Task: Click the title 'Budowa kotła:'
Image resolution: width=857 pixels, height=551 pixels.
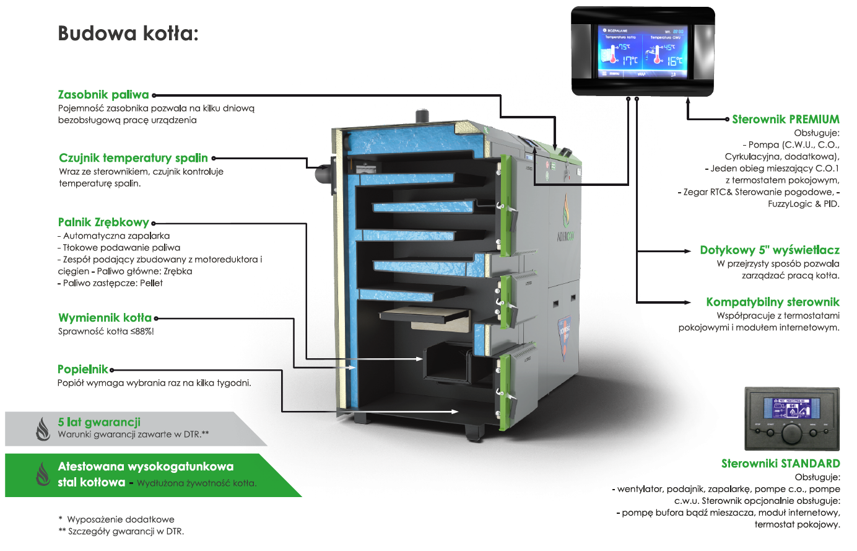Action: pyautogui.click(x=128, y=33)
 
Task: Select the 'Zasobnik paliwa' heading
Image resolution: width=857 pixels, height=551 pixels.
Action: pyautogui.click(x=103, y=95)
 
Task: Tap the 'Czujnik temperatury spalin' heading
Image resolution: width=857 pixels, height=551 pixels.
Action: pyautogui.click(x=133, y=158)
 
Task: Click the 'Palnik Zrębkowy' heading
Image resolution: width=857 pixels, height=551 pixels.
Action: pyautogui.click(x=103, y=223)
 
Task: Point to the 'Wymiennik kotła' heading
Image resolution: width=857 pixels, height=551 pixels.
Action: pyautogui.click(x=105, y=318)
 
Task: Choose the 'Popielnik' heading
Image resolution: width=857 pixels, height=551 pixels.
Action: pyautogui.click(x=82, y=369)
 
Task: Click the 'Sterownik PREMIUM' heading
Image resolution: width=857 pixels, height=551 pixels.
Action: pyautogui.click(x=785, y=120)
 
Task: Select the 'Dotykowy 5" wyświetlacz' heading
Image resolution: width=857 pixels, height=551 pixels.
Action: pyautogui.click(x=769, y=250)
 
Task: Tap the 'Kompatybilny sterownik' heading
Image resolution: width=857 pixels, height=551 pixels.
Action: pyautogui.click(x=772, y=302)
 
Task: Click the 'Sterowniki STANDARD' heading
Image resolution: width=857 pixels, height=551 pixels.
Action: pyautogui.click(x=780, y=464)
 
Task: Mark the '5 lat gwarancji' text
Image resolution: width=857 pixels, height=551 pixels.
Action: pyautogui.click(x=99, y=422)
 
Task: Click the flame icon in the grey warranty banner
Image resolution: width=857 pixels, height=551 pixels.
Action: pyautogui.click(x=43, y=428)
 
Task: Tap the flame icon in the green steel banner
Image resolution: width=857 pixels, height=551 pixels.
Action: pyautogui.click(x=43, y=474)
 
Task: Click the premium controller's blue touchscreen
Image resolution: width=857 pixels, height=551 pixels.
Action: pyautogui.click(x=642, y=51)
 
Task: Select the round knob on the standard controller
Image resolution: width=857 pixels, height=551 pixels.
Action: pyautogui.click(x=791, y=432)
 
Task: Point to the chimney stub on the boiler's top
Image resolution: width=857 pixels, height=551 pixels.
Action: pyautogui.click(x=422, y=117)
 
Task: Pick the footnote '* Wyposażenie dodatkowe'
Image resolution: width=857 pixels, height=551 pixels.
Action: pyautogui.click(x=116, y=519)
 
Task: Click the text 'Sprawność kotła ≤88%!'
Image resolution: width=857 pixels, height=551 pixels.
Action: pyautogui.click(x=106, y=332)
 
